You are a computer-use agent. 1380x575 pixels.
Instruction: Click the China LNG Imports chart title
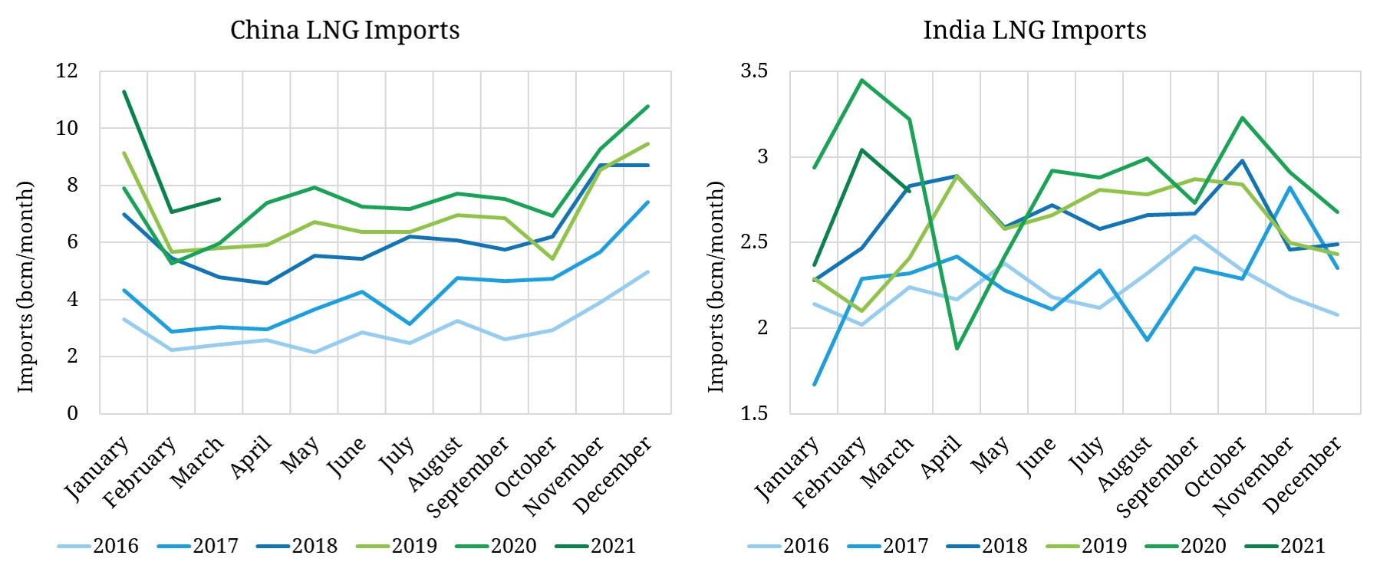click(344, 31)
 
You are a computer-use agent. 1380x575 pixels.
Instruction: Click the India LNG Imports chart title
click(1034, 31)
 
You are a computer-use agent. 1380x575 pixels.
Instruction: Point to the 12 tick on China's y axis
click(67, 71)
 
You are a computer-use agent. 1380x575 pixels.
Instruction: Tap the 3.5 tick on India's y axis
click(753, 71)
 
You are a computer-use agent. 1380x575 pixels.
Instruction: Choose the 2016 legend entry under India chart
click(805, 546)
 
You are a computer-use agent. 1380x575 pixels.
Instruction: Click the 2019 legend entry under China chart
click(413, 546)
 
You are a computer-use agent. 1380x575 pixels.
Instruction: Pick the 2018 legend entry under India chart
click(1004, 546)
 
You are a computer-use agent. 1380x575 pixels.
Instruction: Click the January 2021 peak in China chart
click(124, 91)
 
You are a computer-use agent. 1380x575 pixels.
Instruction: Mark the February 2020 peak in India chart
click(862, 80)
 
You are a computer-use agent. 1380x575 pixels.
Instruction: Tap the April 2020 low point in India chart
click(957, 349)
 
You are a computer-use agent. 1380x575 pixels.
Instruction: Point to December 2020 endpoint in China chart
click(648, 107)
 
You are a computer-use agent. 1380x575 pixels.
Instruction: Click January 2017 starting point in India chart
click(815, 384)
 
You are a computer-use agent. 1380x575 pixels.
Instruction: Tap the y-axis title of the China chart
click(26, 287)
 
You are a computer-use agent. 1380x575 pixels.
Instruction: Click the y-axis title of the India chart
click(716, 287)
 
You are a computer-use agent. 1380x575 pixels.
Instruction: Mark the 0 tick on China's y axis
click(72, 413)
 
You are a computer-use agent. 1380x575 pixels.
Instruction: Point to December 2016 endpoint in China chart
click(648, 271)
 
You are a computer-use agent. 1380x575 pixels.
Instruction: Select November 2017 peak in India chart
click(1290, 187)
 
